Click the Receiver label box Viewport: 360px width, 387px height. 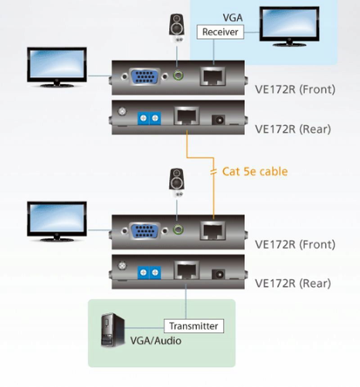click(220, 32)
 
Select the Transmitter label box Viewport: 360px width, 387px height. click(193, 326)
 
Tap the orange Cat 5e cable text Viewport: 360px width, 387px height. click(255, 172)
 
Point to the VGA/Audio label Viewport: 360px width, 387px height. click(156, 341)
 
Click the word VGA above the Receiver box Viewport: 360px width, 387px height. click(234, 18)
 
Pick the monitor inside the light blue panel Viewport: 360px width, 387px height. click(289, 26)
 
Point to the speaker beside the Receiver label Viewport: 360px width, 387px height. click(176, 27)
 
